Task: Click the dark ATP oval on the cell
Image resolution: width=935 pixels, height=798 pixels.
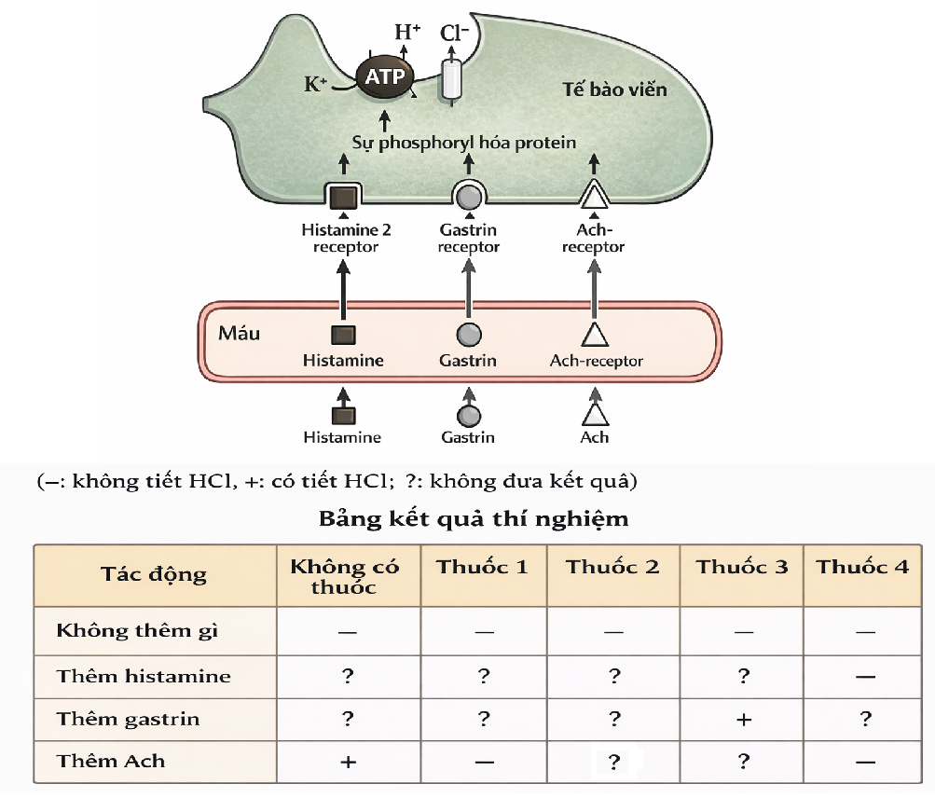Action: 382,76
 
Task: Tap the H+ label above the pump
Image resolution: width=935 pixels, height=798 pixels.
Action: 407,32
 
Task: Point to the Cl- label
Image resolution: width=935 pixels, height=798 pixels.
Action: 455,34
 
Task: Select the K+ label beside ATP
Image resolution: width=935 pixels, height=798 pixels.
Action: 315,85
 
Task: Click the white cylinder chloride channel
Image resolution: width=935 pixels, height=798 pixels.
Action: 452,80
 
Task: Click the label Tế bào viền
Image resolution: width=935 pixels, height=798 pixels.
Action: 614,90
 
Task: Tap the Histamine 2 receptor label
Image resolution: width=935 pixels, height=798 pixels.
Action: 340,239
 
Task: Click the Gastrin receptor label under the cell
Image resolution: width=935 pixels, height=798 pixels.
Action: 469,239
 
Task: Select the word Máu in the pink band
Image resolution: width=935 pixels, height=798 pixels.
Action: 239,333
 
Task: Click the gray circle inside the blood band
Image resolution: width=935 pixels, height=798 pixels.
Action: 469,335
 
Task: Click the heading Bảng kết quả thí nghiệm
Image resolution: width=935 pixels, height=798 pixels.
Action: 474,518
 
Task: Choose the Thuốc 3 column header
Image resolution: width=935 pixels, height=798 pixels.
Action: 742,567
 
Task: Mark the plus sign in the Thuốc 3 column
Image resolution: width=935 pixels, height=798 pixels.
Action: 743,720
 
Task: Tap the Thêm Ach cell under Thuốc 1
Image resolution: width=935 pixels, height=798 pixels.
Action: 483,762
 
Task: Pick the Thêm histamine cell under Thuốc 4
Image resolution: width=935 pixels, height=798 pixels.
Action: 864,677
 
